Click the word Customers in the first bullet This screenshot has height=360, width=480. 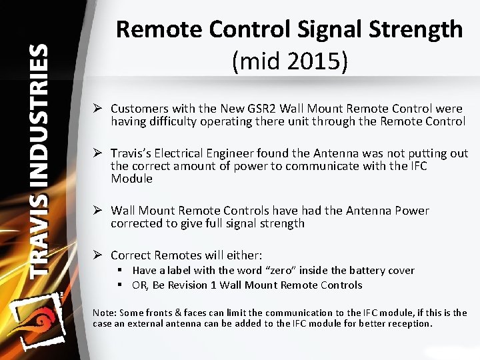139,109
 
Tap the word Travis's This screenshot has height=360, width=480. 131,153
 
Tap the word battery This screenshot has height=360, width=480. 367,271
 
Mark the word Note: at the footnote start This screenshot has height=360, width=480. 105,313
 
